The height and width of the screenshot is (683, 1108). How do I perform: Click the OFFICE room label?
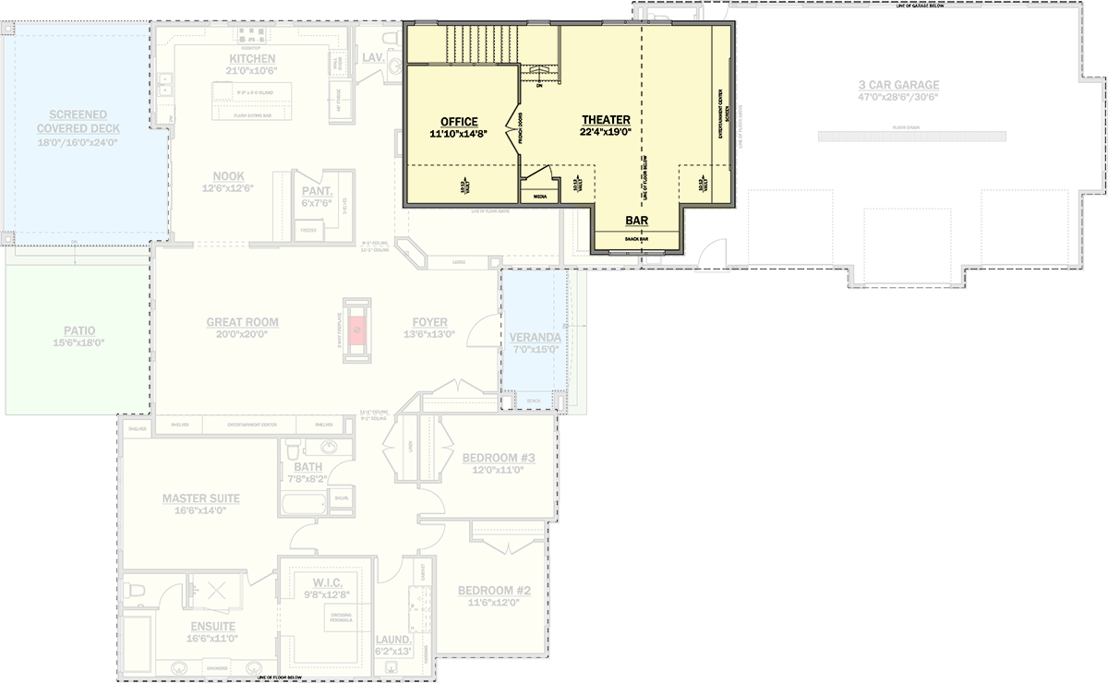(459, 122)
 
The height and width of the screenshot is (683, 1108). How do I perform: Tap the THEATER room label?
(606, 120)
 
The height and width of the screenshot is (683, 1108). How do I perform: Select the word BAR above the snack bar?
(636, 222)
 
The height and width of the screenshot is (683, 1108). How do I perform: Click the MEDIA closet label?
(540, 196)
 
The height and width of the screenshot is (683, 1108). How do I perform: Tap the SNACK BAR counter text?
(636, 239)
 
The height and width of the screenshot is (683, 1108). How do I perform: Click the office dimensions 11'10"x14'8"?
(459, 135)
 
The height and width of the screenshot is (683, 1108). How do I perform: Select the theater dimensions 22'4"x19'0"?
(606, 133)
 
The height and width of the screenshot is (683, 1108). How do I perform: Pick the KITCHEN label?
(252, 59)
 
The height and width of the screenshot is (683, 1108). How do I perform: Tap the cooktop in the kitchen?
(252, 36)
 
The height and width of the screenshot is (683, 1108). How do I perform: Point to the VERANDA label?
(535, 338)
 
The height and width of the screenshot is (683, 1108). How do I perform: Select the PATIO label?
(79, 330)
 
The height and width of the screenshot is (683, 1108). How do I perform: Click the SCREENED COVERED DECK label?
(78, 122)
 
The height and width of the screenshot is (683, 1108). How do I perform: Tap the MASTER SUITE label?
(201, 498)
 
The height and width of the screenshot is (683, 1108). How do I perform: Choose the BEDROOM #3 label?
(499, 458)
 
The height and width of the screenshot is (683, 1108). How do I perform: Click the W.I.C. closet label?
(328, 582)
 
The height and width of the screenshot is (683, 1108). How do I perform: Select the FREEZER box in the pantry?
(308, 230)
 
